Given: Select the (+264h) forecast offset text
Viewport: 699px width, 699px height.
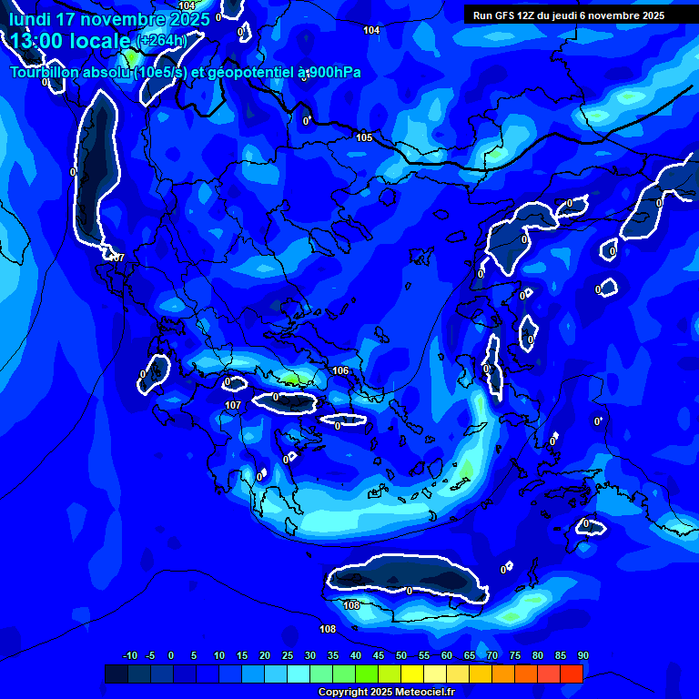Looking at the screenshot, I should [161, 41].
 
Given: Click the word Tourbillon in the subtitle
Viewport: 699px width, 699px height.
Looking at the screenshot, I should [48, 73].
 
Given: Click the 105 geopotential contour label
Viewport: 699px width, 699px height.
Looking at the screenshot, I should [364, 137].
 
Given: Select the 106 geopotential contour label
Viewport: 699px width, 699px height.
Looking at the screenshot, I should [340, 370].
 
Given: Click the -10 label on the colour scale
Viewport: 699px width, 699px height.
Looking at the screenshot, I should [130, 655].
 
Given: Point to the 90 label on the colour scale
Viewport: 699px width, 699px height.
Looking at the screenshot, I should [582, 655].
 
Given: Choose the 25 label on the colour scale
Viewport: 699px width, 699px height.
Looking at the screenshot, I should [287, 655].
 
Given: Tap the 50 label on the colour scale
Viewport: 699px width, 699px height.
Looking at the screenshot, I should [400, 655].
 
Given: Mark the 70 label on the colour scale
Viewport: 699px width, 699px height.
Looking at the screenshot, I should [491, 655].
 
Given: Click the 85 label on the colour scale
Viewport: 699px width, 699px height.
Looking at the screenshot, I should [560, 655].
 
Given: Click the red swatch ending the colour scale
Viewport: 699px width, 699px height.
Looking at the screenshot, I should [571, 674].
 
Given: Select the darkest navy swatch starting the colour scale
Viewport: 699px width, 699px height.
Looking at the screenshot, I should [116, 674].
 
